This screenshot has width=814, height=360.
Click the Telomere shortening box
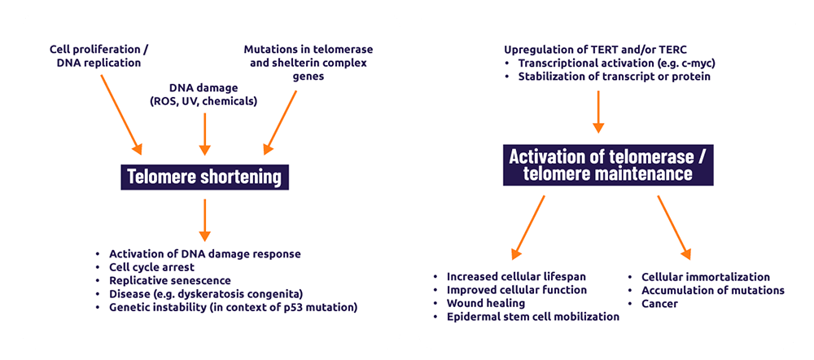[205, 177]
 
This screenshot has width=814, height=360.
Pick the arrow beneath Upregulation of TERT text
[598, 109]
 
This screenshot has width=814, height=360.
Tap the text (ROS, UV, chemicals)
[203, 101]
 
